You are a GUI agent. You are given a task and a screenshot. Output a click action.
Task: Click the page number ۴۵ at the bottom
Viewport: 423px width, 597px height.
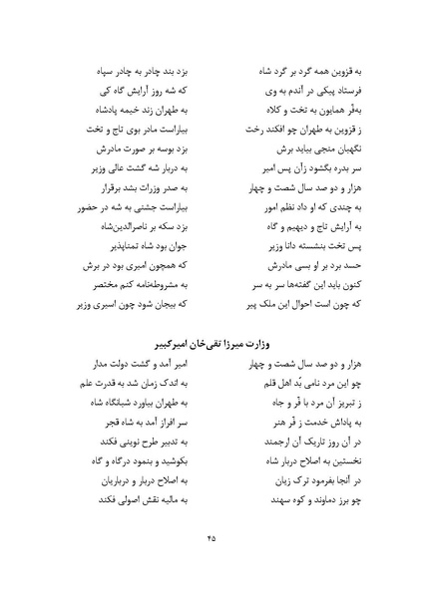[x=211, y=538]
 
